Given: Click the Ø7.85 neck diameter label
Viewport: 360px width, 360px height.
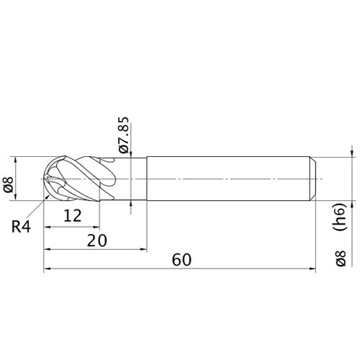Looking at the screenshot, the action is tap(124, 135).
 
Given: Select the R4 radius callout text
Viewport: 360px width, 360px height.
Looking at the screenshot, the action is tap(21, 227).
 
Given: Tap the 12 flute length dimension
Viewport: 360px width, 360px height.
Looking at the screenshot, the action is tap(73, 215).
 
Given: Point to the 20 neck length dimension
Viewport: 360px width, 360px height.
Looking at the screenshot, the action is tap(97, 240).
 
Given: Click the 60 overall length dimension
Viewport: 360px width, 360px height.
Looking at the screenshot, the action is tap(181, 260).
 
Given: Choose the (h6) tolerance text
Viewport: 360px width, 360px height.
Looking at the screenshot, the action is tap(341, 217).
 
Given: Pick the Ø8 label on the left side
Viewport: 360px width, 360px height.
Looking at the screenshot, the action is tap(9, 184).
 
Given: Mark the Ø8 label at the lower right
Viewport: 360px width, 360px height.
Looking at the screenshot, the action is tap(341, 258).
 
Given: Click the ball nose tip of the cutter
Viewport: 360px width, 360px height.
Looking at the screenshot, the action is tap(44, 179).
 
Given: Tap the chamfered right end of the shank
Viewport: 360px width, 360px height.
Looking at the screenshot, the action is tap(312, 179).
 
